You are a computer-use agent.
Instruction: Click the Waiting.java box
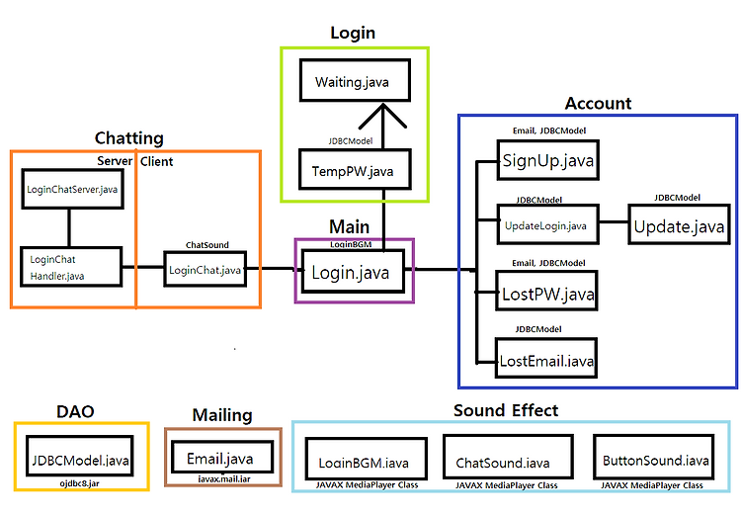click(355, 80)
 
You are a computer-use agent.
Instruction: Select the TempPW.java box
click(355, 169)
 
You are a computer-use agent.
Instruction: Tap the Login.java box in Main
click(353, 272)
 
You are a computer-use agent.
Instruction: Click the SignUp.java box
click(548, 160)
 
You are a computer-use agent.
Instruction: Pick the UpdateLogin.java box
click(548, 224)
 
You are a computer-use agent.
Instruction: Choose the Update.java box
click(679, 224)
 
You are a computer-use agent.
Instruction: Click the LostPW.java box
click(546, 291)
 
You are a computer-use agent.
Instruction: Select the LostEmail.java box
click(546, 358)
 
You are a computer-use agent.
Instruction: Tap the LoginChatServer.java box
click(73, 189)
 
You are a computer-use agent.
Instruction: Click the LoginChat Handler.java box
click(71, 267)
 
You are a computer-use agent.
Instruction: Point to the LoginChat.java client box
click(206, 269)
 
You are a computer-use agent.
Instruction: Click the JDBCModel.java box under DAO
click(80, 456)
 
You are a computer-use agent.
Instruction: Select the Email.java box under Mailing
click(222, 457)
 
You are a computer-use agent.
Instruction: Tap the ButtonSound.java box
click(654, 457)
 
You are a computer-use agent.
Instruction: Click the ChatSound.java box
click(509, 457)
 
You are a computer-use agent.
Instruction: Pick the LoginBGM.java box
click(367, 459)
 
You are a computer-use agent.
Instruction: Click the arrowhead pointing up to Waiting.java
click(382, 116)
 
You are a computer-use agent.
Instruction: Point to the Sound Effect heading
click(506, 410)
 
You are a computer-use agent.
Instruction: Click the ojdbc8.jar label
click(79, 483)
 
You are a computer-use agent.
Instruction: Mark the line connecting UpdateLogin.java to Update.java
click(614, 221)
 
